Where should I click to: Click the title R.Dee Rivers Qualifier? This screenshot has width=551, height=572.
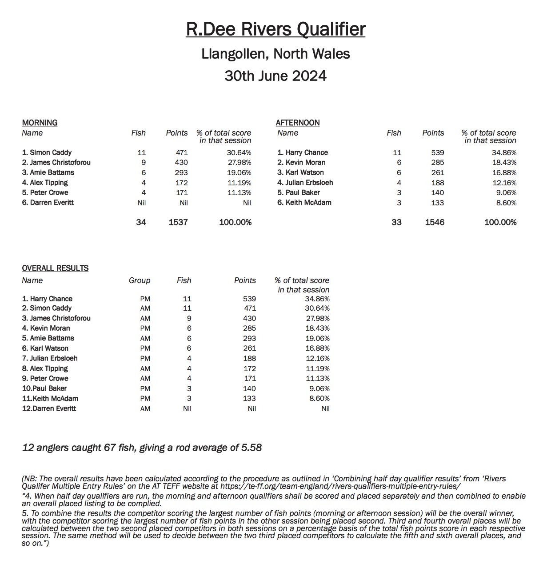click(x=275, y=29)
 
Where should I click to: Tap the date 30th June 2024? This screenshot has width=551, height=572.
click(x=275, y=76)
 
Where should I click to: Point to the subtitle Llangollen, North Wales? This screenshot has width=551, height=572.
click(x=275, y=54)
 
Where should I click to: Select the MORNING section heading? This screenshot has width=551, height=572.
click(x=40, y=123)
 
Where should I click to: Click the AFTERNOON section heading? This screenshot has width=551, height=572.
click(x=297, y=123)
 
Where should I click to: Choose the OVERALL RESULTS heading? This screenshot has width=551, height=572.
click(x=55, y=268)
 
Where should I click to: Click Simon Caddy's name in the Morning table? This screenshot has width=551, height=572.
click(x=47, y=152)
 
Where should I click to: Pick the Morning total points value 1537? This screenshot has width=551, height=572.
click(x=178, y=222)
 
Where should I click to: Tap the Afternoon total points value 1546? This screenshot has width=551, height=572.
click(x=434, y=222)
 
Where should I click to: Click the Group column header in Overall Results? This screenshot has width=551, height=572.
click(x=140, y=280)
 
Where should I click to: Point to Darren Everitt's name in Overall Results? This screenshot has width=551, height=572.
click(x=49, y=408)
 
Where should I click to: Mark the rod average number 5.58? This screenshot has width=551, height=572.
click(x=251, y=448)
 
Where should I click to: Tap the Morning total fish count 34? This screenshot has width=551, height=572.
click(x=141, y=222)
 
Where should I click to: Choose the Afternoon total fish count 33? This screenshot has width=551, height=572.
click(x=396, y=222)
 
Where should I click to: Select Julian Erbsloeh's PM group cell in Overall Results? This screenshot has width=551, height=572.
click(x=145, y=358)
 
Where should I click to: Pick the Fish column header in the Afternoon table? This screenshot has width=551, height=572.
click(x=394, y=133)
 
